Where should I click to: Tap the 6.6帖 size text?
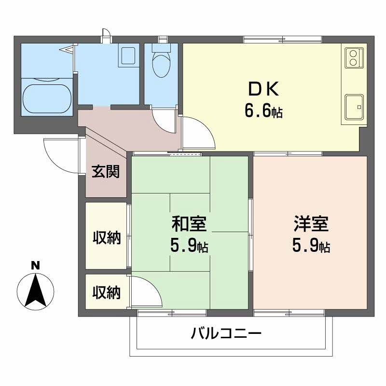click(x=263, y=112)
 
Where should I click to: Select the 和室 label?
click(x=189, y=224)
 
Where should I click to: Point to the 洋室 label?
click(x=311, y=224)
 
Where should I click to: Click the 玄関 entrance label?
click(x=106, y=172)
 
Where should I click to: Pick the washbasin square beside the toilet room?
click(x=129, y=56)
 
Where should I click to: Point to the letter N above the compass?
click(x=35, y=265)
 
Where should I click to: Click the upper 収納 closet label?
click(x=106, y=238)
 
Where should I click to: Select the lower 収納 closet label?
click(x=106, y=292)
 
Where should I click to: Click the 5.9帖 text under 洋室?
click(x=311, y=247)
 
